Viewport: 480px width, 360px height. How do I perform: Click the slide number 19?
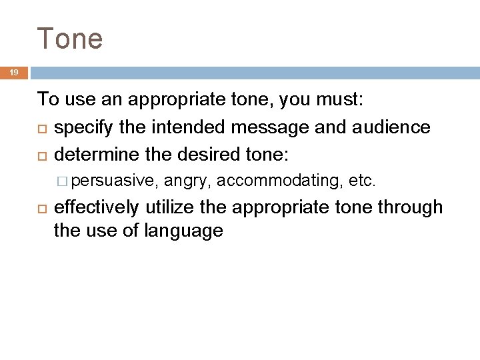13,73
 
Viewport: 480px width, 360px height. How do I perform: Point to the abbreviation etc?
363,180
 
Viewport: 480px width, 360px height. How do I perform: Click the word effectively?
97,207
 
